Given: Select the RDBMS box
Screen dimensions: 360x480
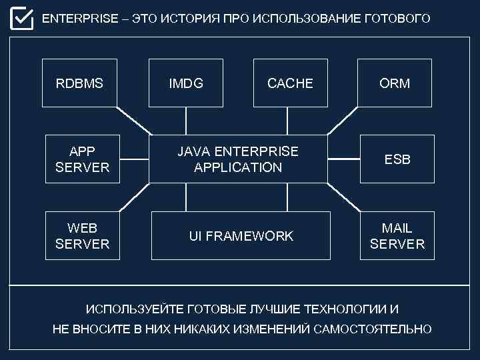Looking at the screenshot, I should tap(79, 83).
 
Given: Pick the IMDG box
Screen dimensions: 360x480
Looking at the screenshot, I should tap(186, 83).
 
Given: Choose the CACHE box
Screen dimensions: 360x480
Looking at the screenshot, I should tap(290, 83).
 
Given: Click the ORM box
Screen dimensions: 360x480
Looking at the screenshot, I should tap(395, 83).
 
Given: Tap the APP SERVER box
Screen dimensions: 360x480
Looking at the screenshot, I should tap(82, 159).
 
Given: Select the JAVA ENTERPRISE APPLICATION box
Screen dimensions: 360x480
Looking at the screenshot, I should tap(238, 159).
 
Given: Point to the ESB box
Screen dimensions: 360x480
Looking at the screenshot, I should tap(397, 159).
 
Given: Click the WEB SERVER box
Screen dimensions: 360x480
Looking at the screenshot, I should tap(82, 235).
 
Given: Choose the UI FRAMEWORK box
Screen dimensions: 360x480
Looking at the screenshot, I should tap(241, 235).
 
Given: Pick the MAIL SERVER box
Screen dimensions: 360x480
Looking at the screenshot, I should tap(397, 235).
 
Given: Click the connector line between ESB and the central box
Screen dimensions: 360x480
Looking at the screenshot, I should tap(344, 159).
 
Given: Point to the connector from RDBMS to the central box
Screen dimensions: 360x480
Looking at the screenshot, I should tap(133, 121).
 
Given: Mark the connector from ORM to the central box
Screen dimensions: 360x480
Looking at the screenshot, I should tap(343, 121).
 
